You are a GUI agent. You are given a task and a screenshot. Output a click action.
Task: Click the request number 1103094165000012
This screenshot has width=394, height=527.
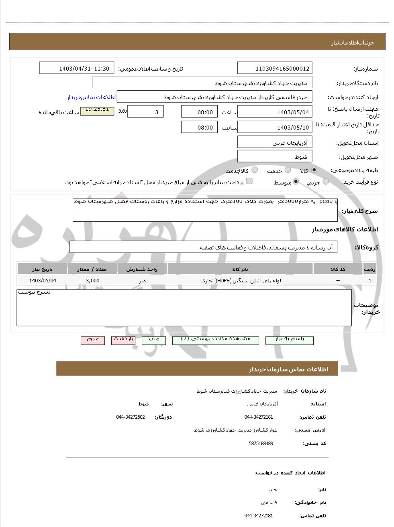point(275,68)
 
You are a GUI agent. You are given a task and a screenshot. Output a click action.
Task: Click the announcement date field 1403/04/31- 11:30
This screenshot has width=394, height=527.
point(77,68)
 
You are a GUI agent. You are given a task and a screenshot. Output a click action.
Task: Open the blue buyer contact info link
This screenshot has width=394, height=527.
point(91,97)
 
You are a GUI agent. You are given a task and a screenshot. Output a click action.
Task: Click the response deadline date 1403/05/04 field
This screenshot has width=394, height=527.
point(275,112)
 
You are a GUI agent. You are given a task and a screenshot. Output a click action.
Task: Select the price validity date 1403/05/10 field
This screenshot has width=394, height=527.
point(275,128)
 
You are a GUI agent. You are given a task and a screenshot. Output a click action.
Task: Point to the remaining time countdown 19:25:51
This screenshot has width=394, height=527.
point(97,110)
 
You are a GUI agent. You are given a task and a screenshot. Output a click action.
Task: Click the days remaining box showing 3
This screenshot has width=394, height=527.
point(145,112)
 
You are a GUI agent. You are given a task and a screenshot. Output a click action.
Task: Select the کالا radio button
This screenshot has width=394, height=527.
point(314,170)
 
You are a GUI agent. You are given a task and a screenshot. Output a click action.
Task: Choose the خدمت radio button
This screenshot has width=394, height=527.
point(288,170)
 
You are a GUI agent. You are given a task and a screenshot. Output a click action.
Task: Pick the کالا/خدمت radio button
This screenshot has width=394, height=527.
point(255,170)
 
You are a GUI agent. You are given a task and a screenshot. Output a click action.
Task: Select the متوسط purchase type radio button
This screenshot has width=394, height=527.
point(296,182)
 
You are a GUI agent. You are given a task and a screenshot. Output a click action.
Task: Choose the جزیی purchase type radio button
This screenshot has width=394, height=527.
point(326,182)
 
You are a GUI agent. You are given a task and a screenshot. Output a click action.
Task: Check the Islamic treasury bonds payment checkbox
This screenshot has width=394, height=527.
point(249,181)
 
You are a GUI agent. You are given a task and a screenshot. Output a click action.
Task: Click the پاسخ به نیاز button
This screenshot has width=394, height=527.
point(289,340)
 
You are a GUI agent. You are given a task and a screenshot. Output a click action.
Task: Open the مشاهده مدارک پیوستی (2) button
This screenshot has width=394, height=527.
point(216,340)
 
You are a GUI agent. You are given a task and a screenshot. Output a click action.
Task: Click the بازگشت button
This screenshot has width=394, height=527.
point(123,340)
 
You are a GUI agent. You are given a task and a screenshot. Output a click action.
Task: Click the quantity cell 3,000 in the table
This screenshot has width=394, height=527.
point(92,281)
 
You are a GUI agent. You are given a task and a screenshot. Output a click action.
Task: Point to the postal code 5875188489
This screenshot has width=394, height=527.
point(261,443)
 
